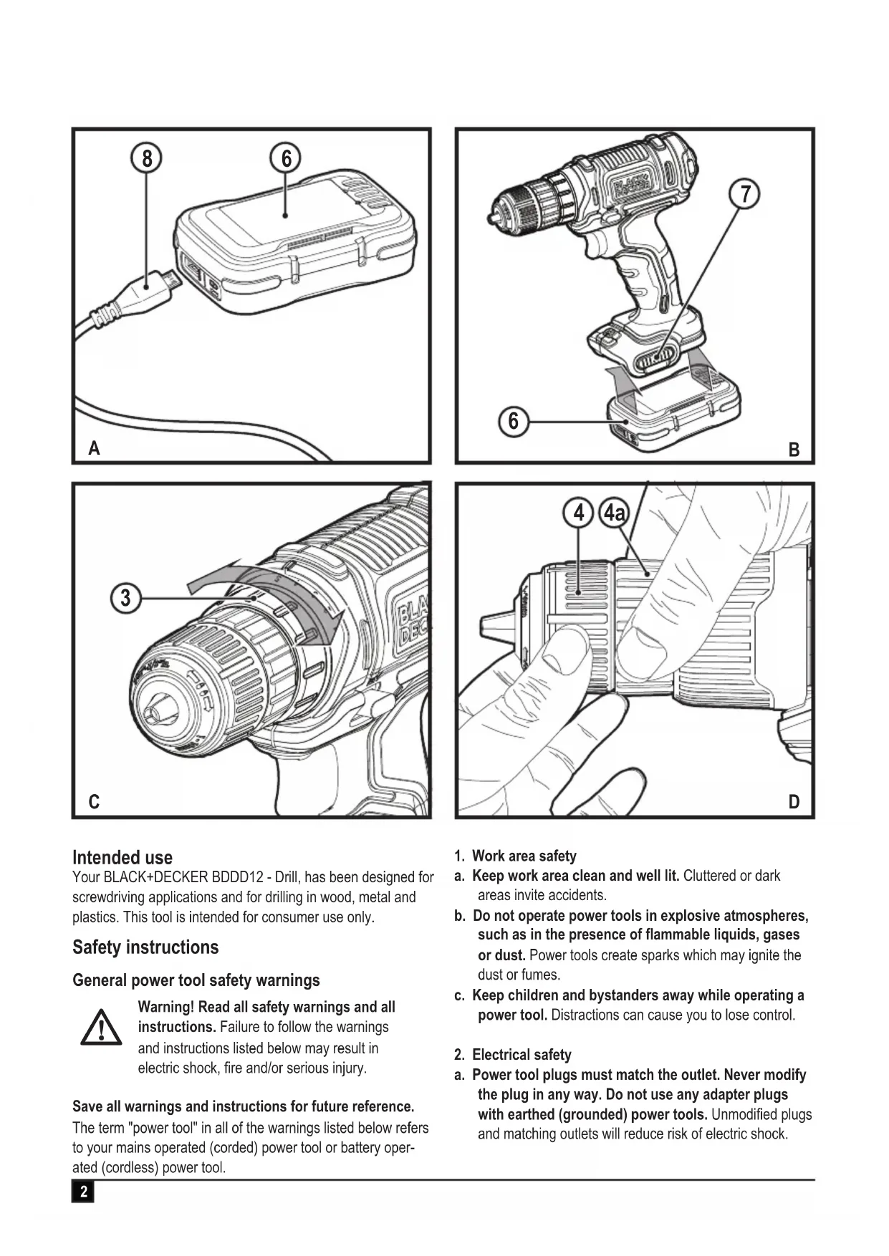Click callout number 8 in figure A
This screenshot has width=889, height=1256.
(147, 158)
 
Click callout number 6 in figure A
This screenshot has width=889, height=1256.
(286, 158)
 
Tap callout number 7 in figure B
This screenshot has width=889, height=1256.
(745, 194)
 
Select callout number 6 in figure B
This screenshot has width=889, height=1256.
(513, 421)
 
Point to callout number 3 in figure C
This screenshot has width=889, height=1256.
(126, 598)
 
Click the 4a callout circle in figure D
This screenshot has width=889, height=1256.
(613, 513)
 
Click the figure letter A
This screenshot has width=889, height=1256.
(94, 449)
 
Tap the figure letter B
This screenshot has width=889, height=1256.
(794, 450)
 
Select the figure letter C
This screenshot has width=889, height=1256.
(94, 802)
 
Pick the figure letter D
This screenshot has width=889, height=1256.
(794, 802)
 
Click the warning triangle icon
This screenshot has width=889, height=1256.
(101, 1028)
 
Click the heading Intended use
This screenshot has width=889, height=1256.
(122, 857)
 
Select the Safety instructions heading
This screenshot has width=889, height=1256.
(145, 947)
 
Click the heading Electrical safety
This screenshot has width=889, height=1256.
(521, 1055)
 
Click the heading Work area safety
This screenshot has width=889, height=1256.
(524, 856)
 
